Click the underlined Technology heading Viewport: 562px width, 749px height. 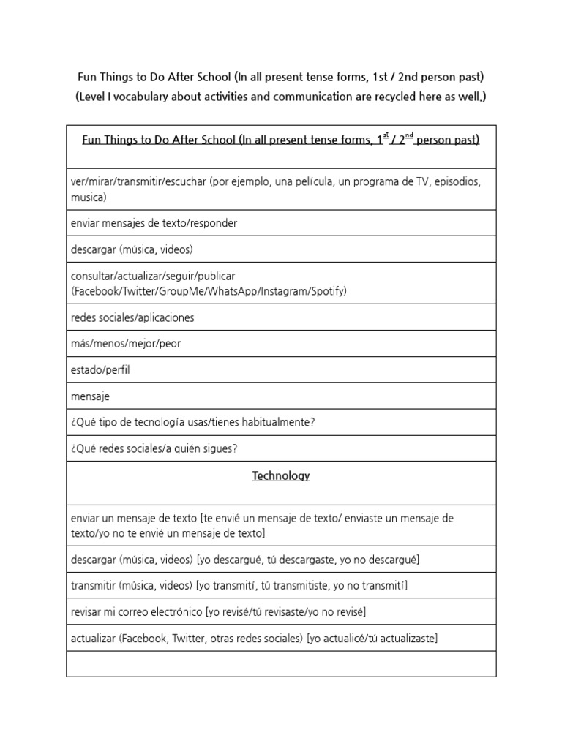click(281, 475)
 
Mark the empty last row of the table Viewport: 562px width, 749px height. click(281, 664)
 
